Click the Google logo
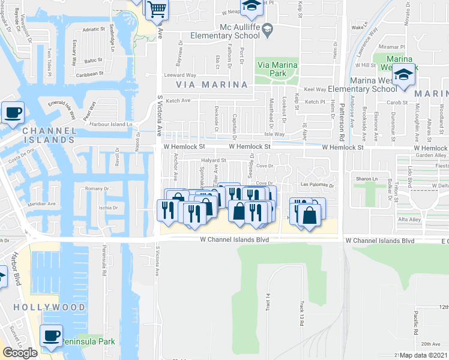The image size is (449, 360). click(x=20, y=353)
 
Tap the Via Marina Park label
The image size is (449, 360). click(x=277, y=69)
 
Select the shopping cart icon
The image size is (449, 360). click(x=157, y=8)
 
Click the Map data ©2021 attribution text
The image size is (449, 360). click(x=424, y=355)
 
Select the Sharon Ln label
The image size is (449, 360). click(x=366, y=179)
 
